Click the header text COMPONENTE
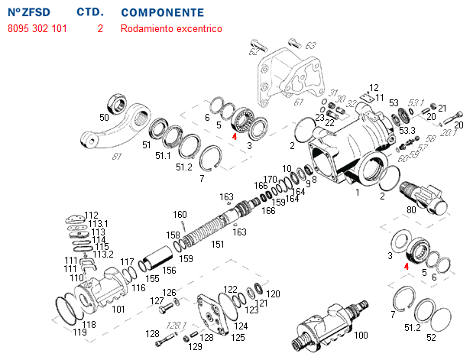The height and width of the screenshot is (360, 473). [162, 13]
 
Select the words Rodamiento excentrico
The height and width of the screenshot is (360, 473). [170, 29]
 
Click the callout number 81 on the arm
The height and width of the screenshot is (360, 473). [116, 157]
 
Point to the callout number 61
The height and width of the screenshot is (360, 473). [298, 102]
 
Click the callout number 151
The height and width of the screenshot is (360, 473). [218, 245]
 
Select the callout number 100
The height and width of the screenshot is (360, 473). [361, 335]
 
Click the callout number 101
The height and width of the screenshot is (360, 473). [118, 310]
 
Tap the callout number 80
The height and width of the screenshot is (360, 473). [411, 209]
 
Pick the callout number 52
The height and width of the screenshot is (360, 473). [432, 337]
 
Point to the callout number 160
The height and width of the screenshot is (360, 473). [180, 214]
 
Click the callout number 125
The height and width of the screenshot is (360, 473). [238, 336]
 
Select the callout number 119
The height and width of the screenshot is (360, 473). [79, 332]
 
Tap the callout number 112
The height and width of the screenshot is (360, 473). [92, 216]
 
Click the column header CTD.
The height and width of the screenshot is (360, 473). [90, 13]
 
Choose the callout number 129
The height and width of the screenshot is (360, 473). [196, 347]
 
